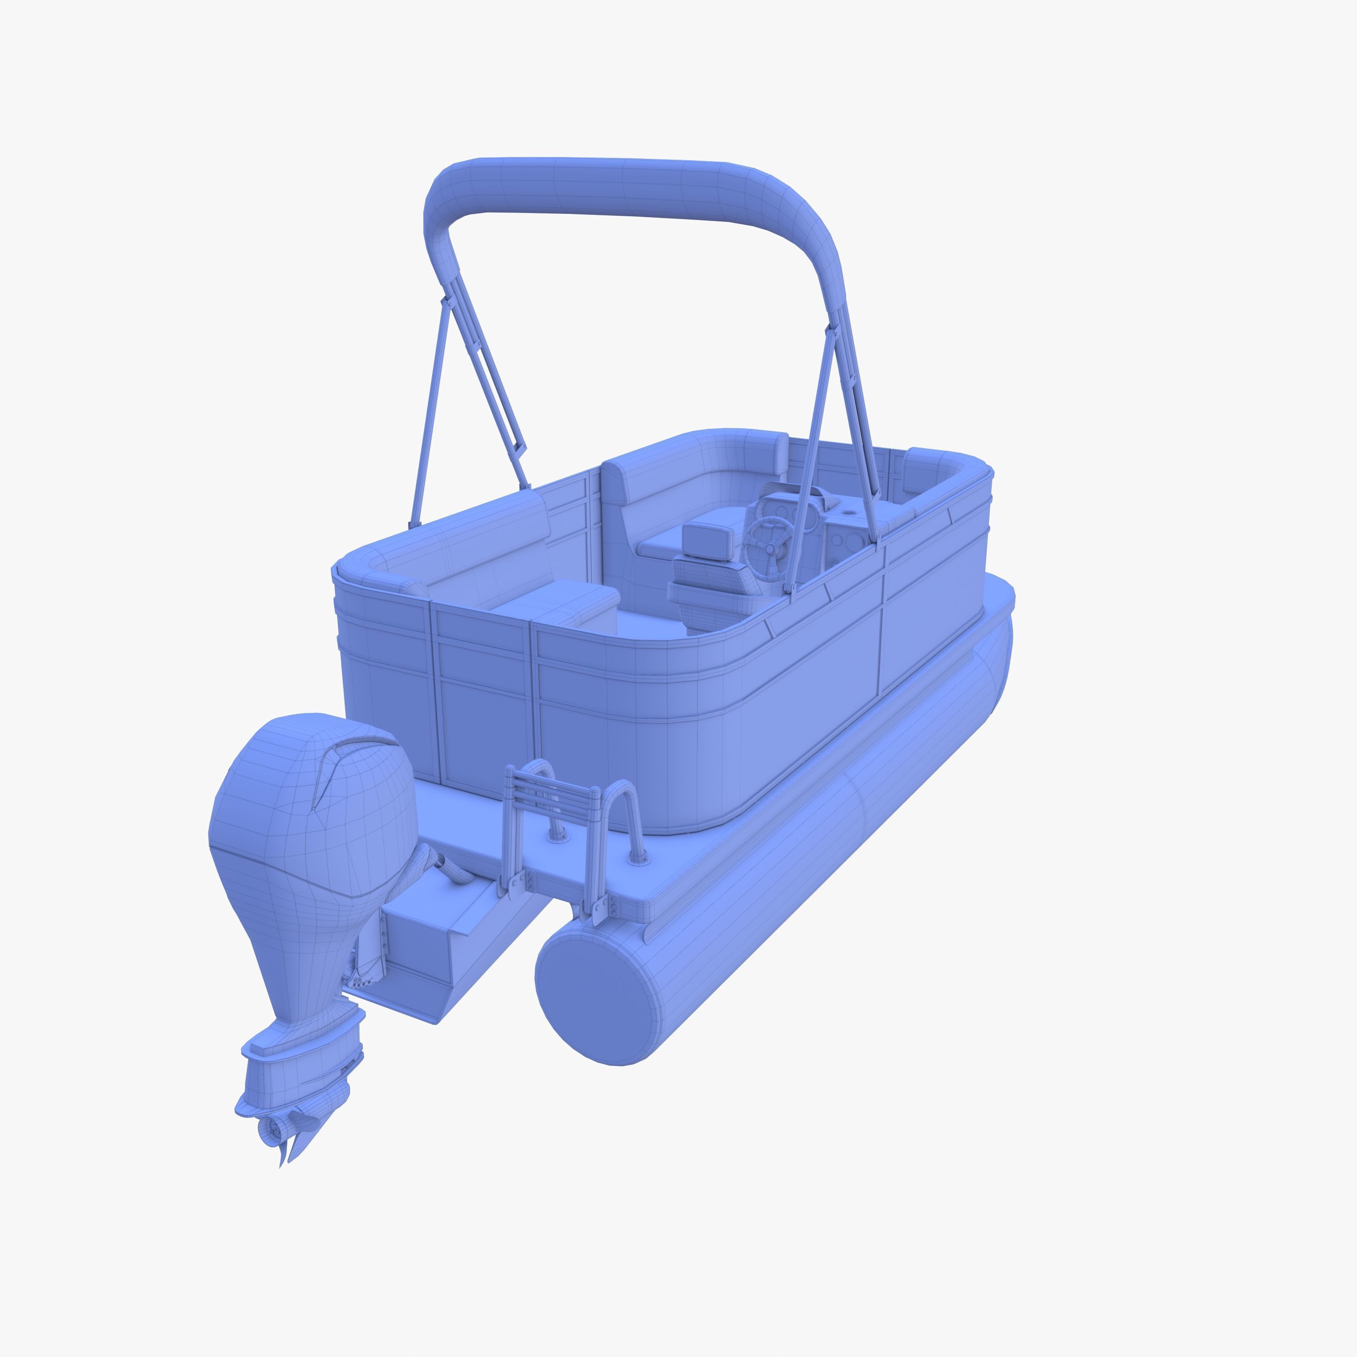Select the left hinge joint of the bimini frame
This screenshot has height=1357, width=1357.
coord(444,302)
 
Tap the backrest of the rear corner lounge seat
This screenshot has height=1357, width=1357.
coord(485,541)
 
